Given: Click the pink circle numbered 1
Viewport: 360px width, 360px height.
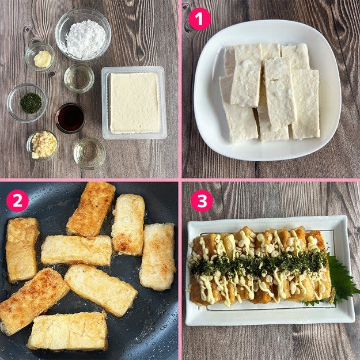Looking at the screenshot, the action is [x=199, y=18].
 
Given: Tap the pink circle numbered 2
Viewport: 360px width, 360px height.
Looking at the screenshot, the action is [x=17, y=200].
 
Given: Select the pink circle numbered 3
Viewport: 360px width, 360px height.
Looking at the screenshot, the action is [x=202, y=200].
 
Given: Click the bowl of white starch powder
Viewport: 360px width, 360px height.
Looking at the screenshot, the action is [x=83, y=35].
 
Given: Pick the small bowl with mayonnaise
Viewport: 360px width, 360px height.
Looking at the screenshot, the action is [x=40, y=56].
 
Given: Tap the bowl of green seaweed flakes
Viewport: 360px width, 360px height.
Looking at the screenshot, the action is [x=27, y=103].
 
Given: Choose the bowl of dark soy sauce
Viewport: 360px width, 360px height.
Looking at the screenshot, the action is [x=70, y=118].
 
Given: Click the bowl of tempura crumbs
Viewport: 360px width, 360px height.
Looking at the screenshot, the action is [x=43, y=146].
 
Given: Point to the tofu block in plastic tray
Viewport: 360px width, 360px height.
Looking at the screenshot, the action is [x=134, y=103].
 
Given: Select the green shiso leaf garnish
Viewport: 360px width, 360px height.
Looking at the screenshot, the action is [x=342, y=280].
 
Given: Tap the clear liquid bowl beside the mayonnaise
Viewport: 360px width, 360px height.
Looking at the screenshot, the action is [x=79, y=78].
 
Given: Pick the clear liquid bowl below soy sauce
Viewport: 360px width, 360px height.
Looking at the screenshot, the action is [x=89, y=153].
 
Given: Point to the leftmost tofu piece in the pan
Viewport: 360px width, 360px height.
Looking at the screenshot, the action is [x=22, y=250].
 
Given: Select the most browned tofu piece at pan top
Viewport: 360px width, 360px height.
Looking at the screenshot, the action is [x=91, y=209].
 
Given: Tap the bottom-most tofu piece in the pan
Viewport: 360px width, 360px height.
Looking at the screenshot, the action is [x=68, y=331].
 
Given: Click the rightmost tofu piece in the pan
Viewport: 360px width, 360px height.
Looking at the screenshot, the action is [x=158, y=257].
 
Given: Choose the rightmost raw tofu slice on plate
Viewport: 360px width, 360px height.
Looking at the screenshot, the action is [x=305, y=104].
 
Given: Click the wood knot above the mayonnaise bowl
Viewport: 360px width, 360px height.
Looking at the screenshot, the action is [x=28, y=29].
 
